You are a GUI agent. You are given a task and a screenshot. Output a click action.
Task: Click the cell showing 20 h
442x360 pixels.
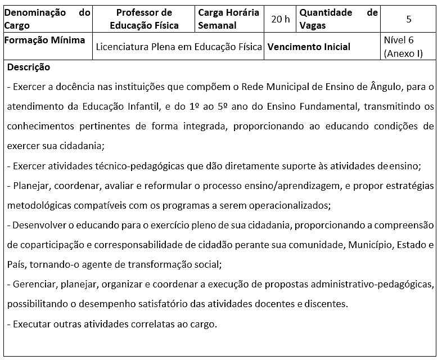280,19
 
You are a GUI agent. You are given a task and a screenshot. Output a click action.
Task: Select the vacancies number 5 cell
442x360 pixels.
408,19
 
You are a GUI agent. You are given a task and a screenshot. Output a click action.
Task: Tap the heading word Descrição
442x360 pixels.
29,67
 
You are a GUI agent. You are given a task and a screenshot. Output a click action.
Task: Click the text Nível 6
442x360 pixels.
398,40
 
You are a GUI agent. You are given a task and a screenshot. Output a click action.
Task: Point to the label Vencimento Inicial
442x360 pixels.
309,47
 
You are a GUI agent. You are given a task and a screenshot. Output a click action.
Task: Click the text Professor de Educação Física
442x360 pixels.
144,19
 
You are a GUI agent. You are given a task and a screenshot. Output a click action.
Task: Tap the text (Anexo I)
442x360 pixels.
403,54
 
